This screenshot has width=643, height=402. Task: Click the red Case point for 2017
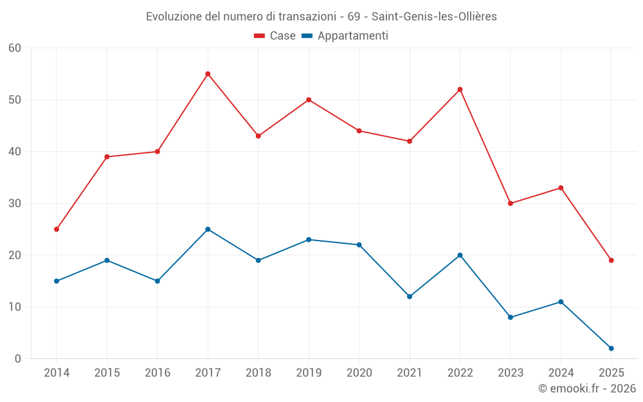tap(208, 74)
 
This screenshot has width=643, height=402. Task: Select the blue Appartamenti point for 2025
tap(611, 348)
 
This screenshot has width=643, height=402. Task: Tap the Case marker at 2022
tap(460, 89)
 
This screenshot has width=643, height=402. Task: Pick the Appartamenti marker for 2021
tap(410, 297)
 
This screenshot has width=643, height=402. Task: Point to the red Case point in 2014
tap(57, 229)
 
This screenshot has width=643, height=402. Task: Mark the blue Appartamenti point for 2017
tap(208, 229)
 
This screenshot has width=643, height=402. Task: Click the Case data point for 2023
tap(511, 203)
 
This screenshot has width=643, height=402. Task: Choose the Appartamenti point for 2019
tap(309, 239)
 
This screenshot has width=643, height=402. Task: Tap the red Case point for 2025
tap(611, 260)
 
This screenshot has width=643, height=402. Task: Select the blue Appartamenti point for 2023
tap(511, 317)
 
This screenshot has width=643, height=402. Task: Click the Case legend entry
tap(275, 36)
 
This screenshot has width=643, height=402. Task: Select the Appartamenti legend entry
tap(345, 36)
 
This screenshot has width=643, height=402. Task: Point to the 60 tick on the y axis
tap(15, 48)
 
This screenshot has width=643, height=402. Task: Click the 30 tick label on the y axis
tap(15, 203)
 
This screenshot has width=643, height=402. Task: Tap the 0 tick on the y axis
tap(18, 359)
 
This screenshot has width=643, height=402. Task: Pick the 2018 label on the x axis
tap(258, 373)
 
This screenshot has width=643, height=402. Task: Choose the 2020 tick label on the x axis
tap(359, 373)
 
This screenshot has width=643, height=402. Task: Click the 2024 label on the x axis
tap(561, 373)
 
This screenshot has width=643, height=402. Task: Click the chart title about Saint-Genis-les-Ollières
tap(321, 17)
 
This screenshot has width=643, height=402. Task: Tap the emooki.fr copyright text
tap(586, 388)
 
